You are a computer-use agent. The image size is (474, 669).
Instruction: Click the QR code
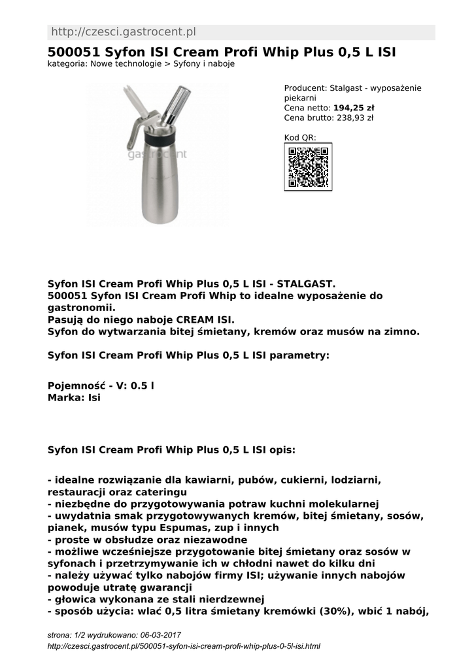(308, 167)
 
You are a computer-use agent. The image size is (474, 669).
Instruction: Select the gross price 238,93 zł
(354, 118)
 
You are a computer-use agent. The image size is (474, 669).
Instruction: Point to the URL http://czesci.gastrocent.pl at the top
(123, 32)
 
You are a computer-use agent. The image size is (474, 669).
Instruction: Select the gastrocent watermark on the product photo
(157, 155)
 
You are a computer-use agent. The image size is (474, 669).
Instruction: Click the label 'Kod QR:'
(300, 138)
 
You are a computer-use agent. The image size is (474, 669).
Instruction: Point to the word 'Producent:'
(305, 88)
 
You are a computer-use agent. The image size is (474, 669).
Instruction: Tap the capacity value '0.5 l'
(143, 385)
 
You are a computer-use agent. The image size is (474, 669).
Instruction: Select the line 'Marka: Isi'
(74, 397)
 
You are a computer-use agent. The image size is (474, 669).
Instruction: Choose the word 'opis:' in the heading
(282, 450)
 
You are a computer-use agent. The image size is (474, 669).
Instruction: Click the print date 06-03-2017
(160, 635)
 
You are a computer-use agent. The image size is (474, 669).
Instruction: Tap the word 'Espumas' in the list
(201, 528)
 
